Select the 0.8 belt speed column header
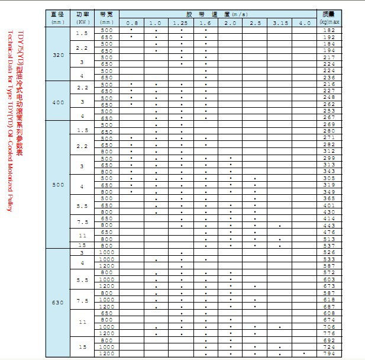point(131,22)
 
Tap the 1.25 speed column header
point(180,22)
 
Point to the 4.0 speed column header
point(304,22)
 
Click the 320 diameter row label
point(58,54)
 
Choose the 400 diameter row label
point(58,102)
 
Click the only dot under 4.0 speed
point(304,353)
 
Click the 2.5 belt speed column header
point(255,22)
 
